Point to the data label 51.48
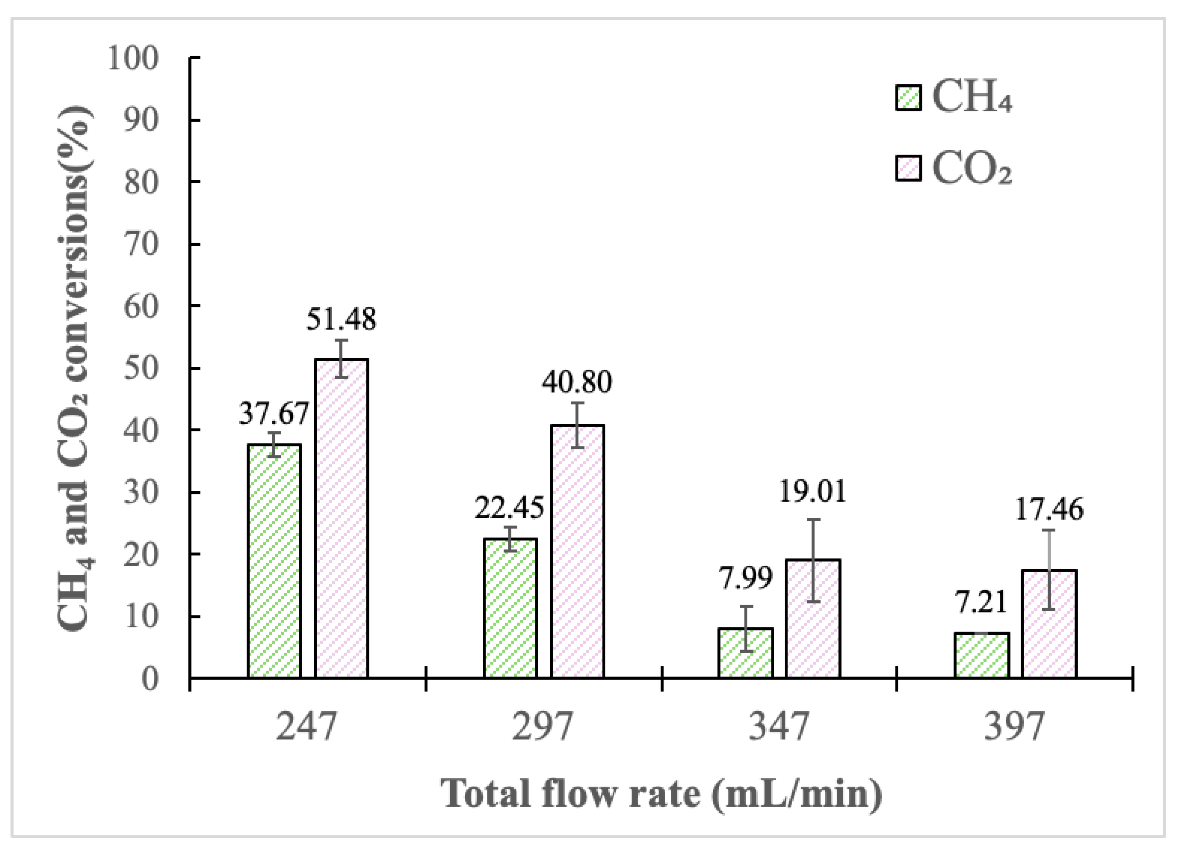(x=341, y=319)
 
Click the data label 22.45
(x=509, y=508)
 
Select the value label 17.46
(x=1049, y=510)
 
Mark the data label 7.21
(x=980, y=603)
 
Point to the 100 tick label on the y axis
(x=132, y=58)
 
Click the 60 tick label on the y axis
(x=140, y=306)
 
